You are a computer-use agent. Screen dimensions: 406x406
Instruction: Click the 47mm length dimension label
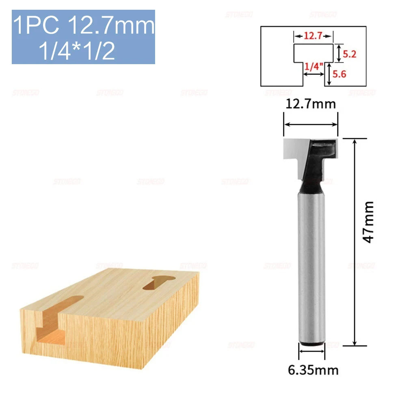pyautogui.click(x=368, y=222)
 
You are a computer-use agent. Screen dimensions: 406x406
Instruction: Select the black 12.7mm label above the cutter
pyautogui.click(x=311, y=104)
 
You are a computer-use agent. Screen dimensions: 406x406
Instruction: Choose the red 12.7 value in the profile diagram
pyautogui.click(x=313, y=36)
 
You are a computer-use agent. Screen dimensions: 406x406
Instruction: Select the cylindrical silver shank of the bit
pyautogui.click(x=311, y=264)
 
